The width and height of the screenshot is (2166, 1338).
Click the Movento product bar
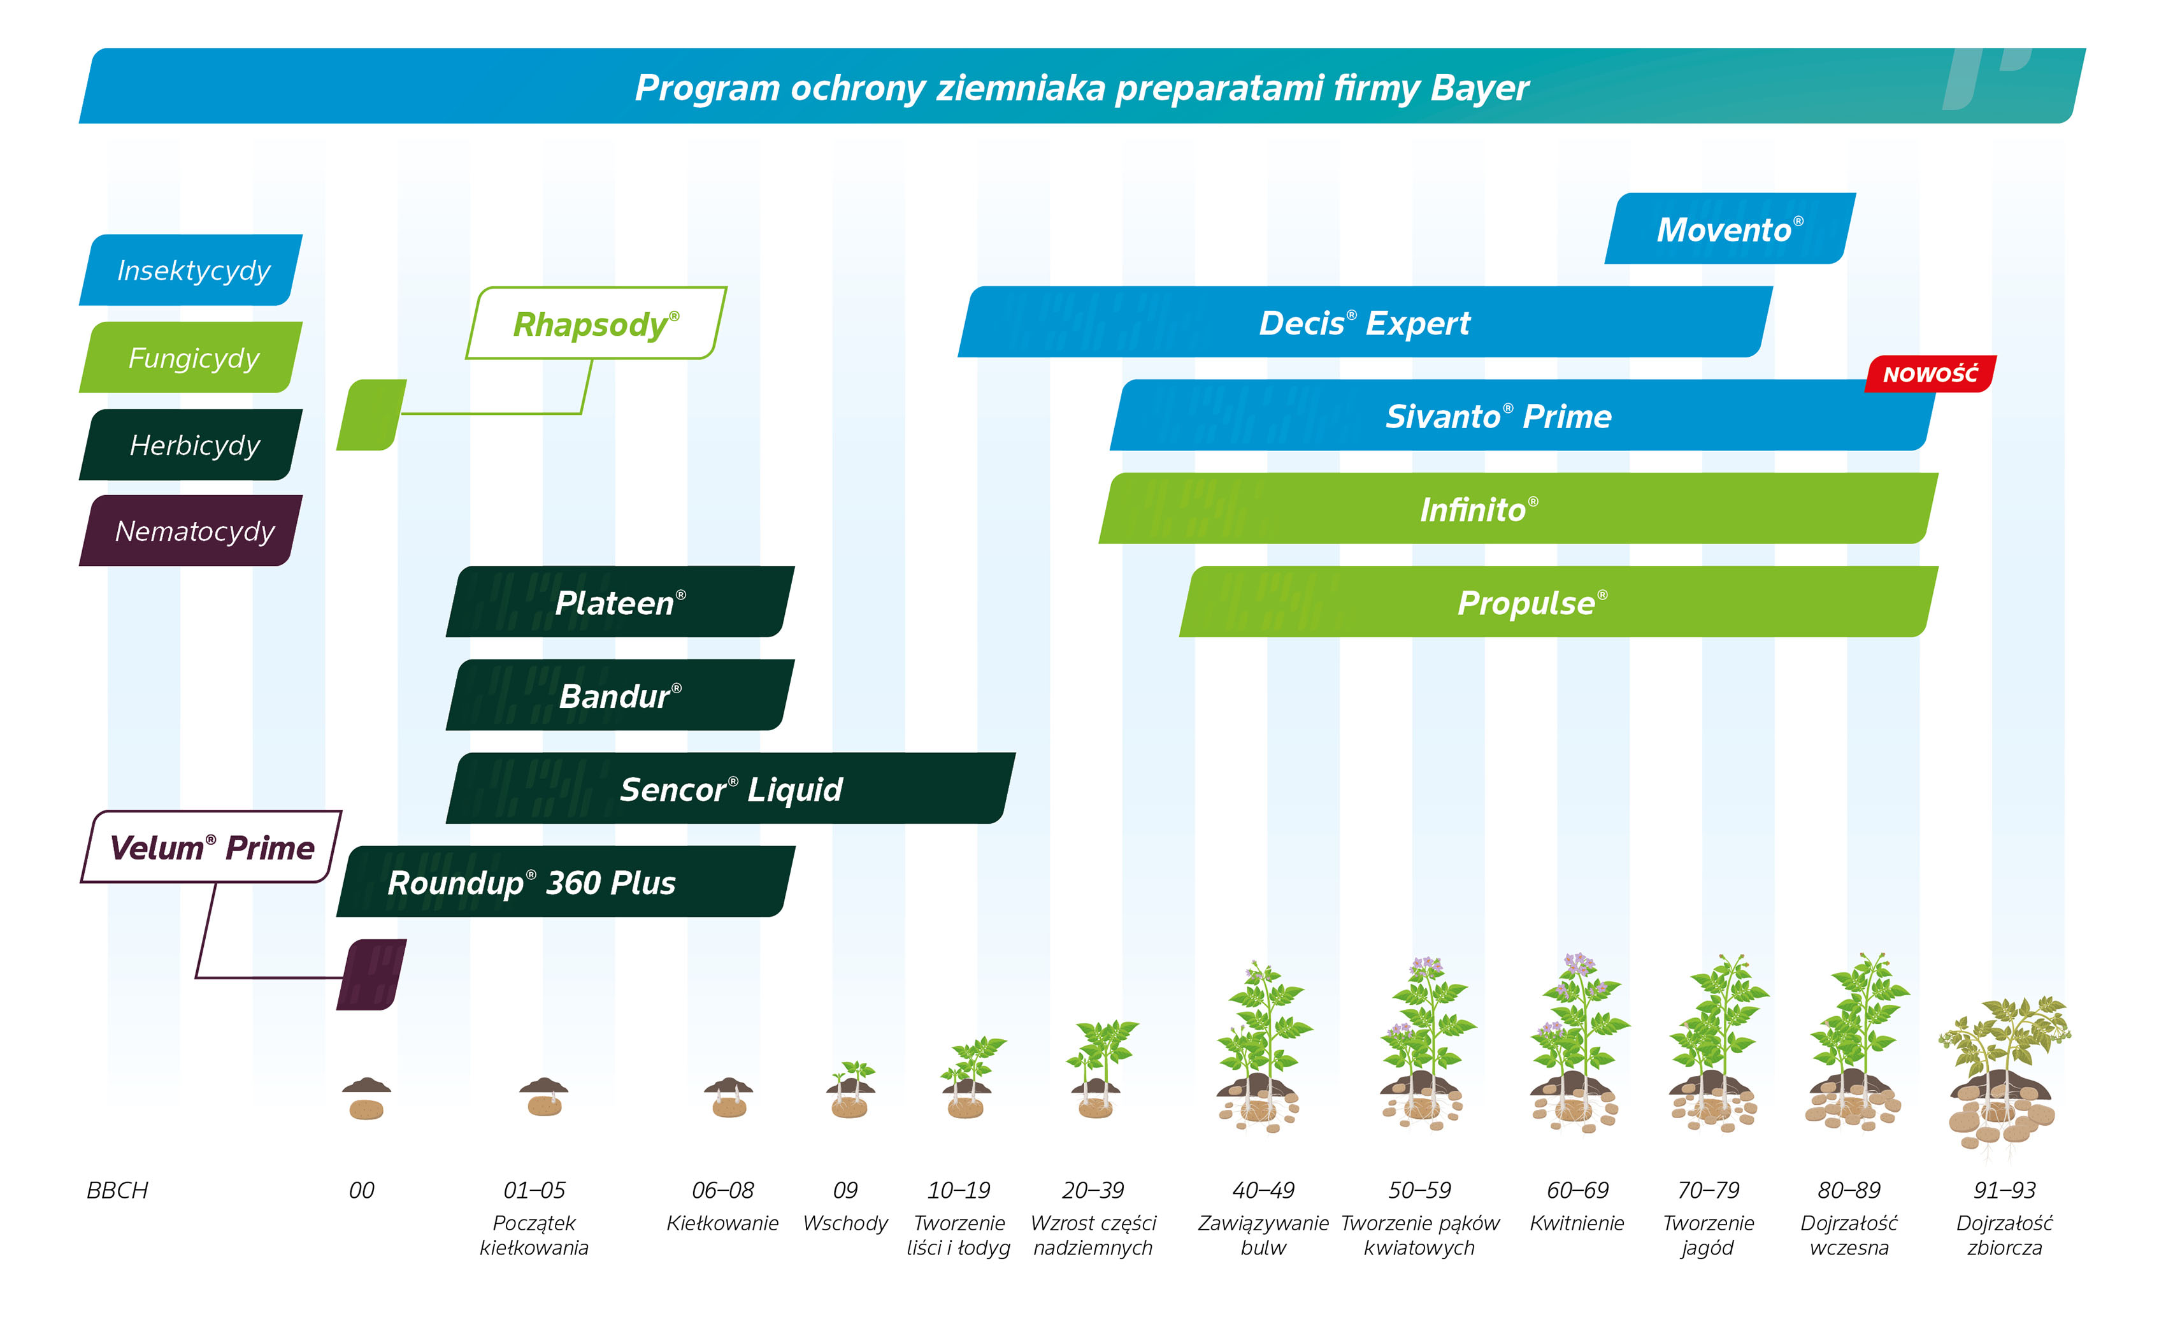pos(1730,228)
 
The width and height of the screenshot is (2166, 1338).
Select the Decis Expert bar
pos(1365,322)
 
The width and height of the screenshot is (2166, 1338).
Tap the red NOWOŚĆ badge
pos(1930,373)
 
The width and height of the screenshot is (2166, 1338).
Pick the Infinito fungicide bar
pos(1517,508)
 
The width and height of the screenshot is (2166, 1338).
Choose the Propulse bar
pos(1558,601)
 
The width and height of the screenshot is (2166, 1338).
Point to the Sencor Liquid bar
pos(730,788)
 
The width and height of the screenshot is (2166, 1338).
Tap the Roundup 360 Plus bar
pos(566,881)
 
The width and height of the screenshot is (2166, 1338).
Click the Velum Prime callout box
pos(211,847)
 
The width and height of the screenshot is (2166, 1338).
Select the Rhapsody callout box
pos(596,323)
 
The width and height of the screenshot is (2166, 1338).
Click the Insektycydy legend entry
pos(190,270)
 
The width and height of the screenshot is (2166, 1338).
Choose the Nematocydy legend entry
pos(190,530)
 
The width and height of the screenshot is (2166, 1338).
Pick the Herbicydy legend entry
pos(190,444)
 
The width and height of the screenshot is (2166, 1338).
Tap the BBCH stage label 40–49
pos(1263,1190)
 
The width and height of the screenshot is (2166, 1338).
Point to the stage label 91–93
pos(2004,1190)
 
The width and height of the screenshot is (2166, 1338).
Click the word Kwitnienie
pos(1577,1223)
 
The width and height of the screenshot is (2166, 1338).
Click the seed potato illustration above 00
pos(366,1098)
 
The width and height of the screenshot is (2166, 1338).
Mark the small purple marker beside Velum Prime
pos(371,974)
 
